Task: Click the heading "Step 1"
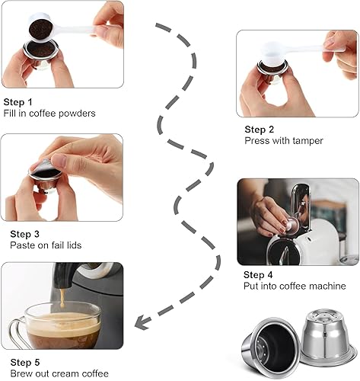coord(18,101)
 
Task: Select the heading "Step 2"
coord(260,130)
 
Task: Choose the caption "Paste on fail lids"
coord(46,245)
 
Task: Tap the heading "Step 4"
coord(259,274)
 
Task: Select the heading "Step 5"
coord(18,362)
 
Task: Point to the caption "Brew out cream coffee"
coord(56,373)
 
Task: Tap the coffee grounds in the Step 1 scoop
coord(37,29)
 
